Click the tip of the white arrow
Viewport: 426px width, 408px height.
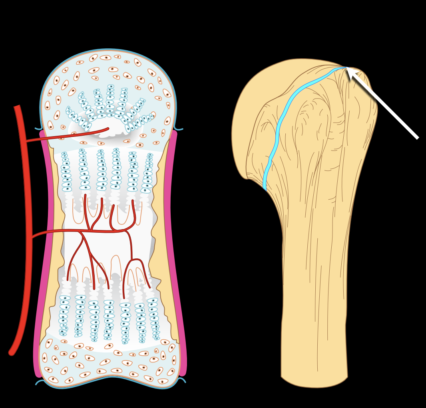pos(347,68)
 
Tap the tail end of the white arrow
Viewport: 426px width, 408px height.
pos(418,138)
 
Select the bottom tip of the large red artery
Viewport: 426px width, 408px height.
pos(12,353)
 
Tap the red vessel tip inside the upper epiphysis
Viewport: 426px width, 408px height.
pos(107,129)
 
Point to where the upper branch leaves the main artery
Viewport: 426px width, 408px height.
pos(26,141)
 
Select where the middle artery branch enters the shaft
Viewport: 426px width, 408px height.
pos(64,231)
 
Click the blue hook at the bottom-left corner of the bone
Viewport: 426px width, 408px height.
pos(39,382)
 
